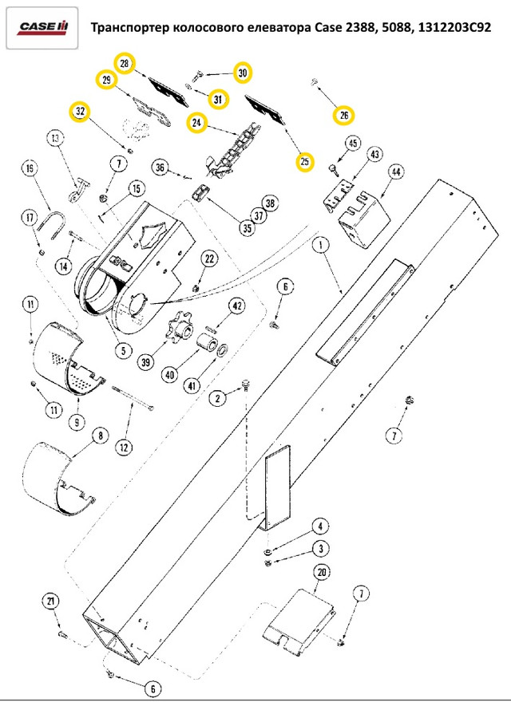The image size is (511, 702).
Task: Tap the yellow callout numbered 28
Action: [124, 62]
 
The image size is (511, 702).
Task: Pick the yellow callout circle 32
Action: [80, 112]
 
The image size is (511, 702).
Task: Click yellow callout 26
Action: [343, 116]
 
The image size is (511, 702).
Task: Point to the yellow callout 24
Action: [196, 122]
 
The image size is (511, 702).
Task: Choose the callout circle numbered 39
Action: [146, 362]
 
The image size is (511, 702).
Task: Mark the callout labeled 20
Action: [322, 572]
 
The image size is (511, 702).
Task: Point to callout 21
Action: [50, 601]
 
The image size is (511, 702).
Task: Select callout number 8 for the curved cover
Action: [100, 436]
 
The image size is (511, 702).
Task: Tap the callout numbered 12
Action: [124, 448]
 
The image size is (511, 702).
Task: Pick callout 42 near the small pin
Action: [236, 306]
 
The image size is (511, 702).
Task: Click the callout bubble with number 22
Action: [208, 258]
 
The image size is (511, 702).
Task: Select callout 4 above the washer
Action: [319, 526]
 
